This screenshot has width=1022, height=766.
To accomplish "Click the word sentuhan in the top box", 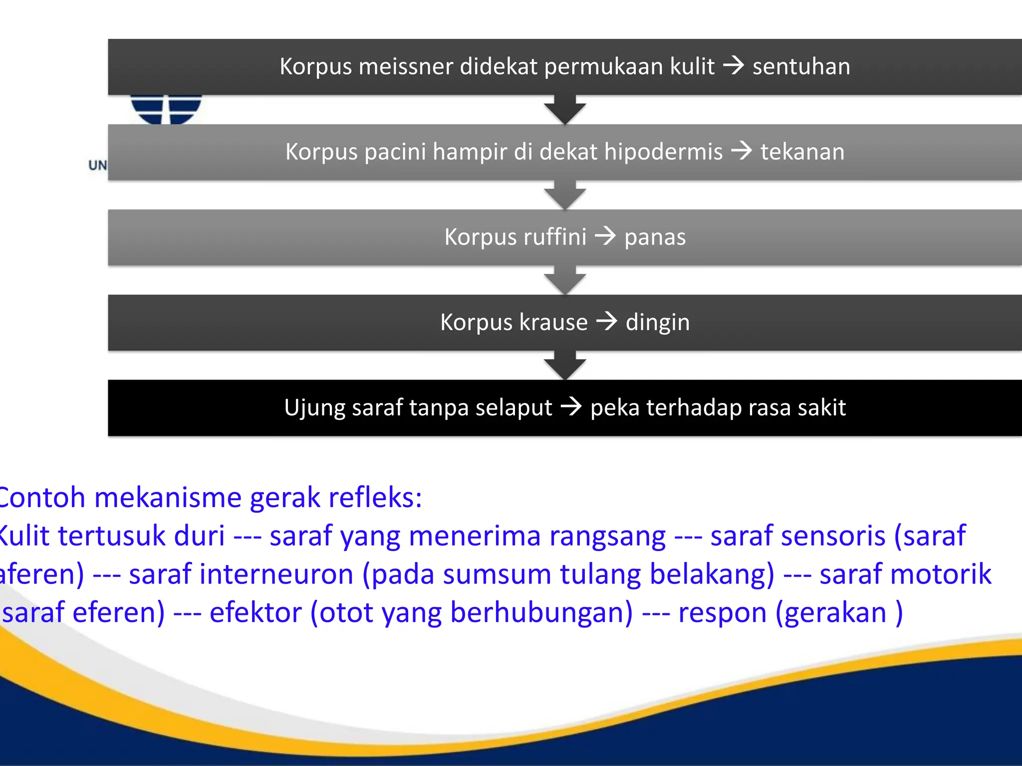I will pyautogui.click(x=801, y=67).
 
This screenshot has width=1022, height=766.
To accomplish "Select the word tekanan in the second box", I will pyautogui.click(x=802, y=152).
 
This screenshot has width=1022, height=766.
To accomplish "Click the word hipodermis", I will pyautogui.click(x=663, y=152).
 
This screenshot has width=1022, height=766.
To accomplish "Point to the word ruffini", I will pyautogui.click(x=554, y=237).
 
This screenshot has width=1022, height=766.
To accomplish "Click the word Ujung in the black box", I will pyautogui.click(x=314, y=408).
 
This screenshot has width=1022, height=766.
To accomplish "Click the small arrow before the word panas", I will pyautogui.click(x=606, y=236).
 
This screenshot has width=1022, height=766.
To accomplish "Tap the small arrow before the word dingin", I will pyautogui.click(x=607, y=321).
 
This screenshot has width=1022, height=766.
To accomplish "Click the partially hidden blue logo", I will pyautogui.click(x=166, y=109).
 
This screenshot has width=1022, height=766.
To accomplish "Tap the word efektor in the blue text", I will pyautogui.click(x=255, y=612).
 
